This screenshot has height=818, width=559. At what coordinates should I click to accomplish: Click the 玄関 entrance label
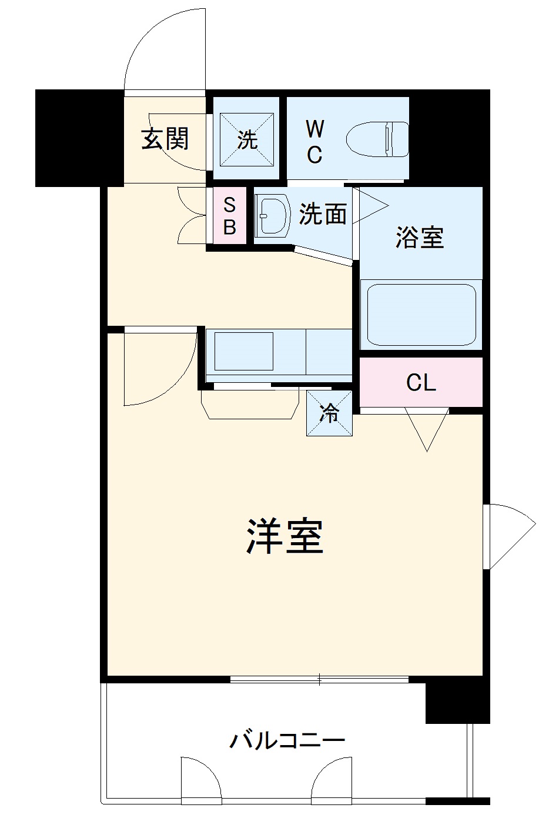[165, 139]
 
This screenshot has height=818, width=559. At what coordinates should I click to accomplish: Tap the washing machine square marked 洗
[247, 139]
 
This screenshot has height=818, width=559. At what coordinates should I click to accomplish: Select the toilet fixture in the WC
[377, 140]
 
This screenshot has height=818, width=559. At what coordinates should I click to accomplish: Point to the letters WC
[314, 141]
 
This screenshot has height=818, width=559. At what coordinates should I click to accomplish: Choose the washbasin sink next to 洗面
[273, 215]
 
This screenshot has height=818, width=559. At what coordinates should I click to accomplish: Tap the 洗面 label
[322, 213]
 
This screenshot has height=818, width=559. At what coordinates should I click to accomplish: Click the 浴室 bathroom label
[420, 237]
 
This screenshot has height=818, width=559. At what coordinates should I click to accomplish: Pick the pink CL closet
[421, 383]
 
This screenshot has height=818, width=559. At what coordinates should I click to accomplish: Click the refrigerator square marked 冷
[329, 413]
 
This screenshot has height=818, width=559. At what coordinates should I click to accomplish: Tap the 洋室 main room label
[285, 536]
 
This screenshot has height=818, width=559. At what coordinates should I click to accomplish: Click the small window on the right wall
[487, 536]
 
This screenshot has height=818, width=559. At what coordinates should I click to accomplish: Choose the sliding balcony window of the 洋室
[319, 680]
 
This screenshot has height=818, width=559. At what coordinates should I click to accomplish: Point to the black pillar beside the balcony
[457, 703]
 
